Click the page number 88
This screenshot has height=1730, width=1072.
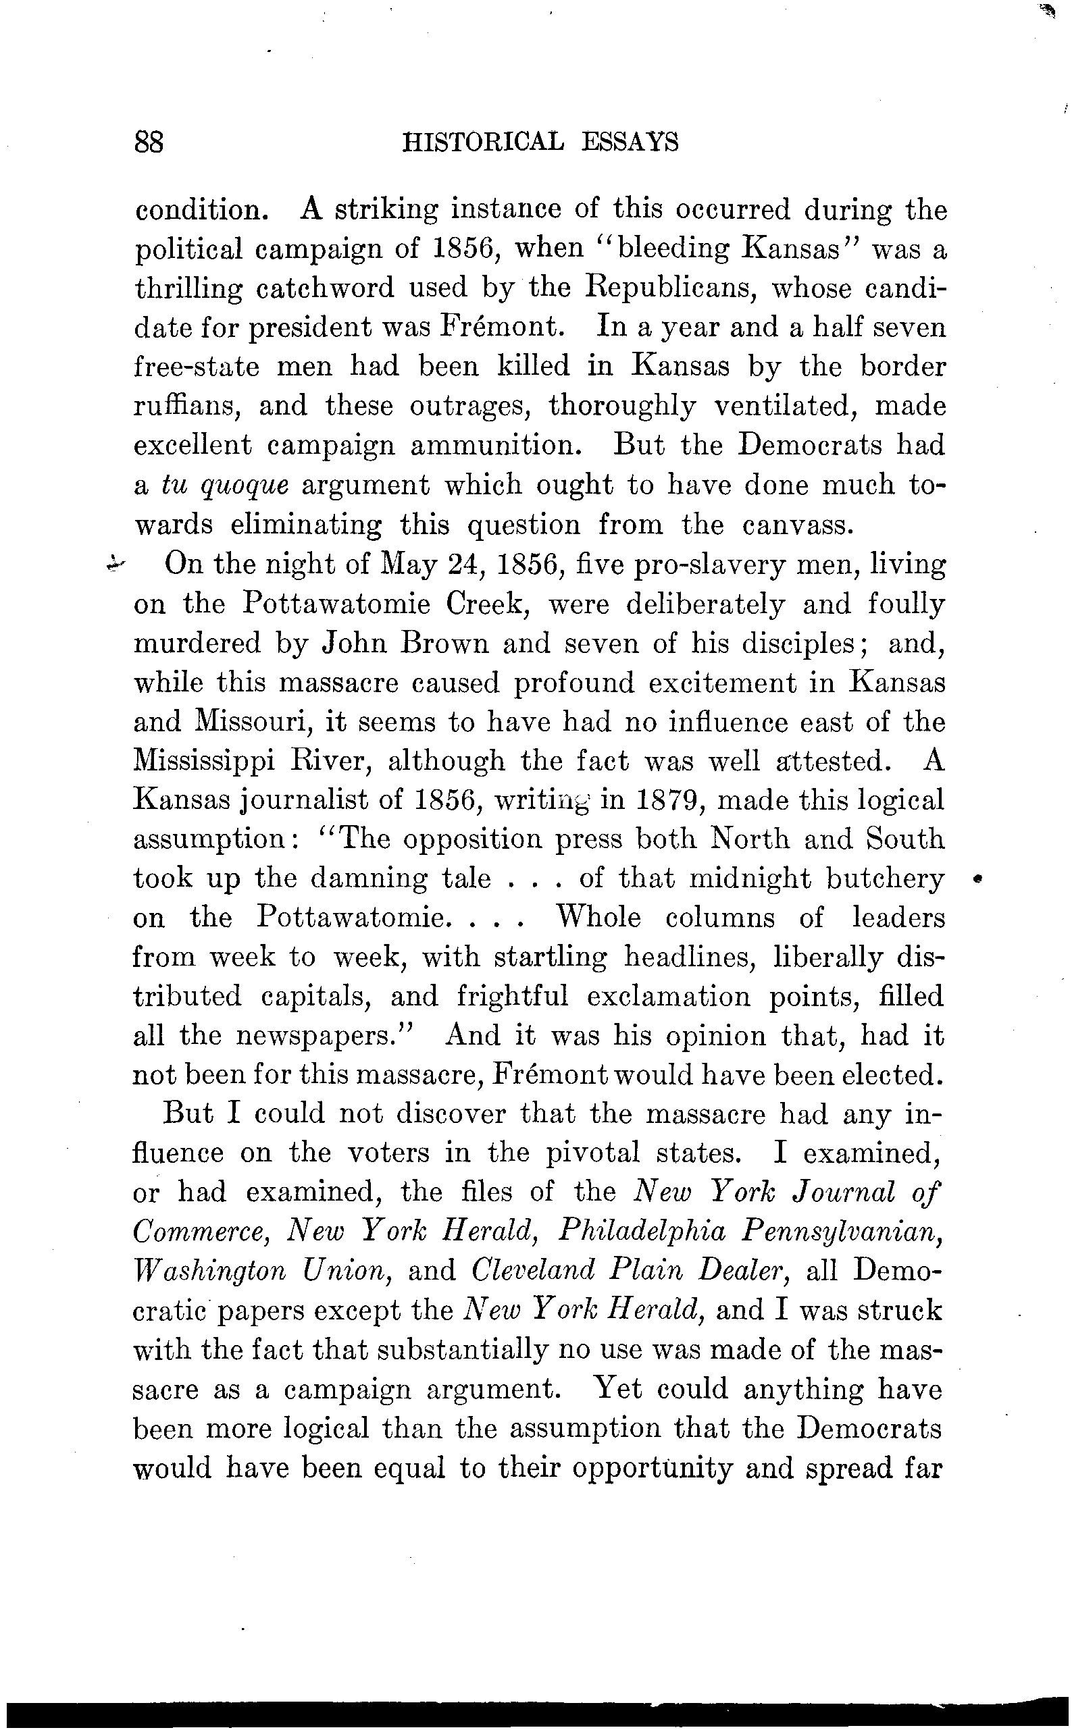click(x=148, y=142)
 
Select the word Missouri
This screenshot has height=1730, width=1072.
click(x=251, y=723)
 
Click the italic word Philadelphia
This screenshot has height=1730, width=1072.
click(x=642, y=1232)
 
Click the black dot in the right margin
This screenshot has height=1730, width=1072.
click(x=977, y=879)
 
